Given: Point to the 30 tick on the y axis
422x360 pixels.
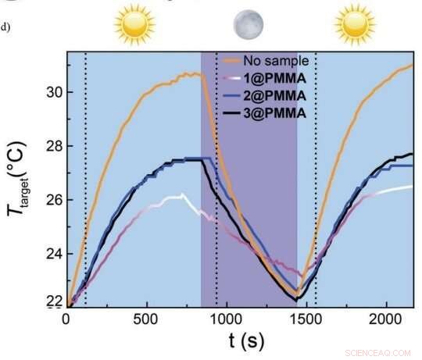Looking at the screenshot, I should point(46,92).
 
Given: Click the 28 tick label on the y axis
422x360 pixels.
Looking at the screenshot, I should point(46,146).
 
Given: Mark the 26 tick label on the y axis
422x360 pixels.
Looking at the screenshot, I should point(46,199).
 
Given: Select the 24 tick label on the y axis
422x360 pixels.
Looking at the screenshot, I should point(46,252).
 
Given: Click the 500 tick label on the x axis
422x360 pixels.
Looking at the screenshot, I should point(145,319).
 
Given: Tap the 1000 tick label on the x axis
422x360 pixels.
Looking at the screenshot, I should point(225,319).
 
